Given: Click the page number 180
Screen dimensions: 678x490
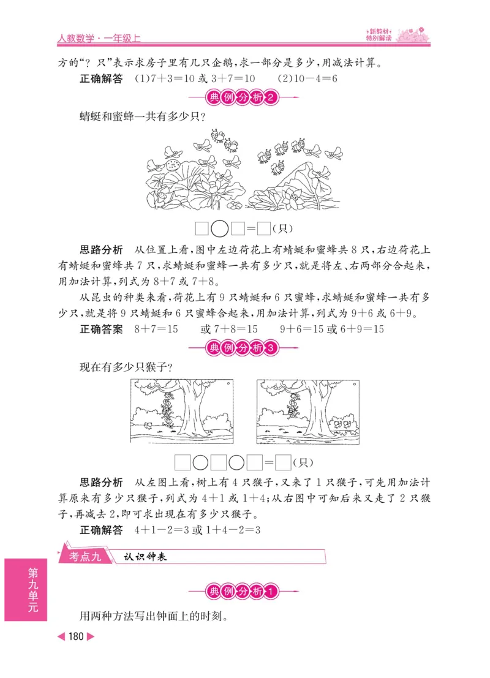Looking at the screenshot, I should point(76,636).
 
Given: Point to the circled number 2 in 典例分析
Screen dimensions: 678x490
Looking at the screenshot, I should point(274,97).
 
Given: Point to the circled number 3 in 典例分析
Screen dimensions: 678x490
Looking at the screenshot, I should point(274,349).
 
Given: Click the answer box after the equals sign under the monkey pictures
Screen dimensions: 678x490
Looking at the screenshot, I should point(283,462).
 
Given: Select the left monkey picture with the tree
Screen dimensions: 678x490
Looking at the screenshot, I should point(183,412).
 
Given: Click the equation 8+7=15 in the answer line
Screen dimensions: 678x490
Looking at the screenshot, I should point(156,330).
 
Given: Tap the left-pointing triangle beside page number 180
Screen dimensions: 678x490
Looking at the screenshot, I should point(61,636).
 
